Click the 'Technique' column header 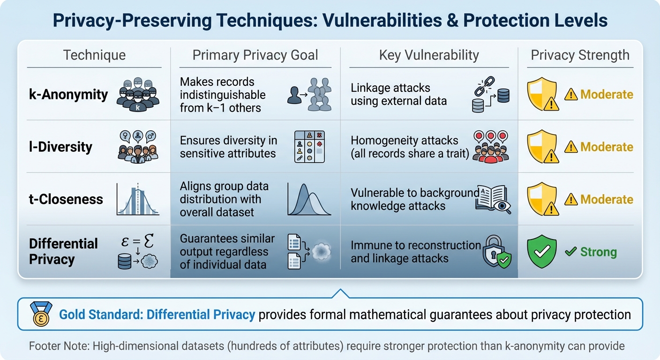[x=94, y=55]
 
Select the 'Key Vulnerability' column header [x=429, y=55]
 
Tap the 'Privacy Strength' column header [x=580, y=55]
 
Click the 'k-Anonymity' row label [x=68, y=94]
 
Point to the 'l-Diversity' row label [x=61, y=147]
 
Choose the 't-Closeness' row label [x=66, y=199]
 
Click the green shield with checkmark [x=542, y=252]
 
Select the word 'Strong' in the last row [x=598, y=252]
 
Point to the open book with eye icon [x=492, y=199]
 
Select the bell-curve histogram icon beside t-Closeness [x=137, y=199]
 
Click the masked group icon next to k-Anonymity [x=138, y=95]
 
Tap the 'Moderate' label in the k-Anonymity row [x=607, y=95]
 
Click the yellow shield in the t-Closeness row [x=542, y=199]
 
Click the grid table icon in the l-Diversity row [x=309, y=147]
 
